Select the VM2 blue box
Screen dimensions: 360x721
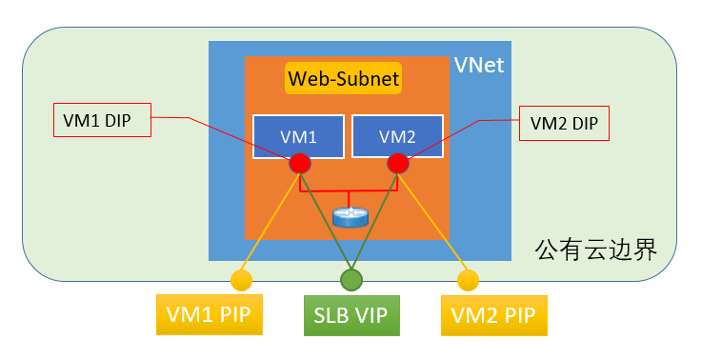tap(397, 135)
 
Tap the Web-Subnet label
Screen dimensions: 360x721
tap(343, 78)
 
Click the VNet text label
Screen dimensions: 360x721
tap(478, 66)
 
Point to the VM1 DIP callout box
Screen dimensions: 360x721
tap(102, 121)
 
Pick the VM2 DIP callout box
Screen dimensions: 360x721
tap(563, 124)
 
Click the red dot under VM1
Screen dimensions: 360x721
tap(300, 163)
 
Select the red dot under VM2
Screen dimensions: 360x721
tap(398, 163)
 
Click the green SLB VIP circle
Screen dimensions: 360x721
tap(351, 279)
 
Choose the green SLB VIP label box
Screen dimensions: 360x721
tap(351, 314)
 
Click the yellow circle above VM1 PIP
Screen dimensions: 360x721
tap(240, 280)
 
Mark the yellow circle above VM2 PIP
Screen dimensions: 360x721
tap(467, 280)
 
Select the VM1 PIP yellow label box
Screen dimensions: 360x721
tap(208, 314)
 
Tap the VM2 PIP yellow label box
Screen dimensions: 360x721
tap(494, 314)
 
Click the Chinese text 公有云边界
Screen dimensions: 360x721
tap(595, 250)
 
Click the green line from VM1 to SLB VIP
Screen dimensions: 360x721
tap(326, 221)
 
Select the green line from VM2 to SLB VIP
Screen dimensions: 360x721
tap(374, 221)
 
